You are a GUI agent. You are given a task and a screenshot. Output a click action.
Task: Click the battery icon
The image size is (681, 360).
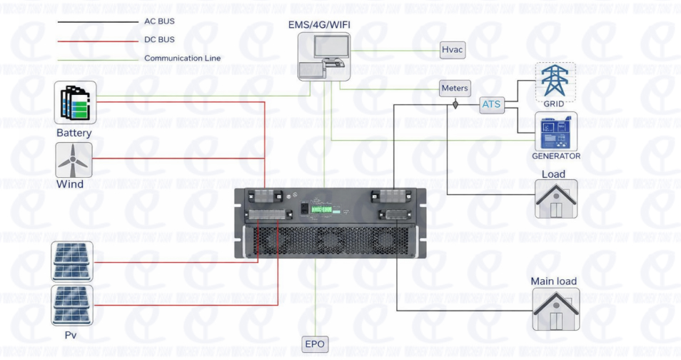coord(75,102)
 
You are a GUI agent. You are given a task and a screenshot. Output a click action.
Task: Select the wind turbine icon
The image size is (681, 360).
coord(74,160)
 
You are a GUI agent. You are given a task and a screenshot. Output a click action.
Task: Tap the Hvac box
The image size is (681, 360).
coord(453,50)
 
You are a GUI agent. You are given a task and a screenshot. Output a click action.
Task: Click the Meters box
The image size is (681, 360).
coord(455,89)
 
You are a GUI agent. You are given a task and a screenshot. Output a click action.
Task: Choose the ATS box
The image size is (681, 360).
coord(491,105)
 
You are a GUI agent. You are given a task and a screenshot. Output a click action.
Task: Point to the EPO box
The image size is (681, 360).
coord(315,344)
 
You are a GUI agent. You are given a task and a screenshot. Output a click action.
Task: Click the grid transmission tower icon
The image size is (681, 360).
coord(555,80)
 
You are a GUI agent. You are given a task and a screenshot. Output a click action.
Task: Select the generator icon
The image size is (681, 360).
coord(555,131)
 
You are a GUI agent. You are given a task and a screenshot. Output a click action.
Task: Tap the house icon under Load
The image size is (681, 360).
coord(556,199)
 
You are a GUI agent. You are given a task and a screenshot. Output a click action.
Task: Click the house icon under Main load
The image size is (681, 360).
coord(555,309)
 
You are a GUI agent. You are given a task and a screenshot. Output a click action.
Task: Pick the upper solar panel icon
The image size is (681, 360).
coord(72,261)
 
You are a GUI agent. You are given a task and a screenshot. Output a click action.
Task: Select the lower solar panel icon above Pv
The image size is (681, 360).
coord(72,306)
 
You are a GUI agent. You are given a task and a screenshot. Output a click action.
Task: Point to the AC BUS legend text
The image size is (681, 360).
coord(159,21)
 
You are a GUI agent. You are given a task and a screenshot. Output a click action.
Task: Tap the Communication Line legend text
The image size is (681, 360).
coord(182,59)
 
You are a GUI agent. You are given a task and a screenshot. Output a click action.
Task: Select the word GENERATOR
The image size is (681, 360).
coord(556,156)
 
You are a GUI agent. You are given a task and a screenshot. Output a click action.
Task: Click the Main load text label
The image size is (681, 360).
coord(553,281)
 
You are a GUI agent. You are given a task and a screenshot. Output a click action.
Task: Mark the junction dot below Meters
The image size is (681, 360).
coord(455,105)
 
